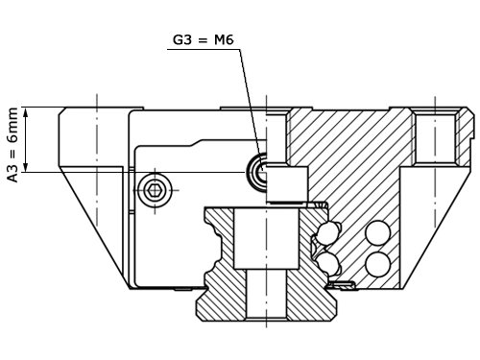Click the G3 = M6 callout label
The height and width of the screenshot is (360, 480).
click(204, 40)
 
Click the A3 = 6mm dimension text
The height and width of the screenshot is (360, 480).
click(13, 145)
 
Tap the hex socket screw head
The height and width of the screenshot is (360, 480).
click(155, 190)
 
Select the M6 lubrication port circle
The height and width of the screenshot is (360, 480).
click(256, 172)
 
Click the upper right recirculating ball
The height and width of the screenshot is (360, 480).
click(378, 233)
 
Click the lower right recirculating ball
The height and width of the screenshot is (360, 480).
click(378, 265)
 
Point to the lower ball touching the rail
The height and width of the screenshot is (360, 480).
click(327, 264)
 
